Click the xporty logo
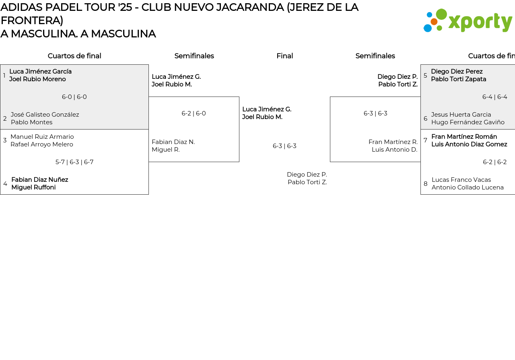[468, 21]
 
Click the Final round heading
[284, 56]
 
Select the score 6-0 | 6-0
[74, 97]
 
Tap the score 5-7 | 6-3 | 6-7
[74, 162]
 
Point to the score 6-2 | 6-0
[194, 113]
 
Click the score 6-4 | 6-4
[494, 97]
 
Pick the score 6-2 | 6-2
[494, 162]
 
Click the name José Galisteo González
[45, 115]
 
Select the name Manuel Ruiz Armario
[42, 137]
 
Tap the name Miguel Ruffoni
[33, 187]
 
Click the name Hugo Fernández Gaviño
[468, 122]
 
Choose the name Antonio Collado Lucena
[468, 187]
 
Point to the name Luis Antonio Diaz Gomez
[469, 144]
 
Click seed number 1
[4, 76]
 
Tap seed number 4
[5, 184]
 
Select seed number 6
[425, 119]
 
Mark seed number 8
[425, 184]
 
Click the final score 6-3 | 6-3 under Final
[284, 146]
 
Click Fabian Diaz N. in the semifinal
[173, 142]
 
